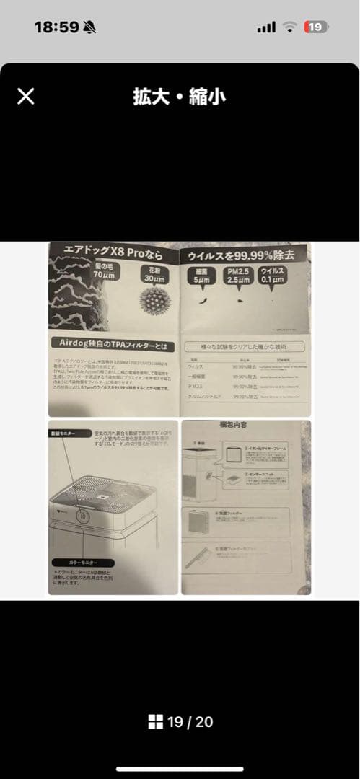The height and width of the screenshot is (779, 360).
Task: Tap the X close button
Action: [x=25, y=97]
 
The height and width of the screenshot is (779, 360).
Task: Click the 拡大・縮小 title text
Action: [x=180, y=97]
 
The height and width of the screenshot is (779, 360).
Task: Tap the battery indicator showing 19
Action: [x=315, y=27]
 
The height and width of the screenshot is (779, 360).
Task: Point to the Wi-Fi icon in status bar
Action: [x=290, y=27]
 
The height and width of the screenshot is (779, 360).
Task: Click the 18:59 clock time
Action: [x=56, y=27]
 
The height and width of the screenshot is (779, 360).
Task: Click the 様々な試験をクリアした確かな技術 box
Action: [x=245, y=346]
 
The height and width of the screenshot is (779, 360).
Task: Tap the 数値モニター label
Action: [x=63, y=433]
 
